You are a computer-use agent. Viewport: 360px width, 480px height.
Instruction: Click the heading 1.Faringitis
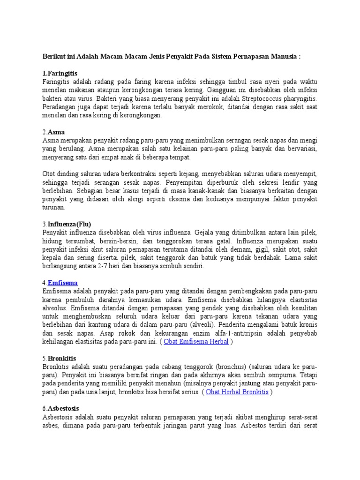[60, 74]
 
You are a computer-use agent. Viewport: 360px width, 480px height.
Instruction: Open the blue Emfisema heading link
[62, 283]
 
